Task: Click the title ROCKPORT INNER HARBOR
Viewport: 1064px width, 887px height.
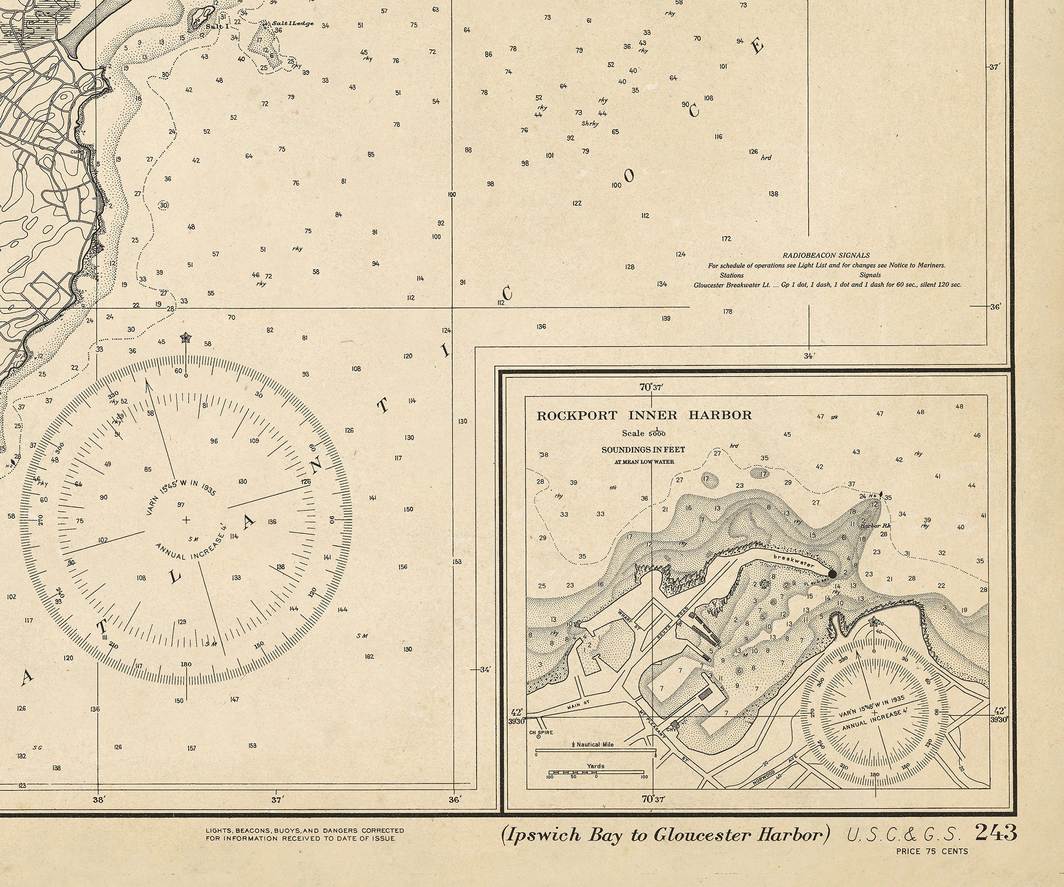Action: tap(644, 416)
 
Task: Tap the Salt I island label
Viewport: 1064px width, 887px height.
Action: tap(220, 26)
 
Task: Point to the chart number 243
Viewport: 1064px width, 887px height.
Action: tap(996, 833)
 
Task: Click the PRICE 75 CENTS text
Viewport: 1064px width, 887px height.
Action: tap(932, 852)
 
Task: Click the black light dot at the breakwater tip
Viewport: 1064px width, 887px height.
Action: tap(832, 574)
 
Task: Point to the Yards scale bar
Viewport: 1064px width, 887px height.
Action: tap(596, 773)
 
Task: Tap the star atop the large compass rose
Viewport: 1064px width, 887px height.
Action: tap(186, 337)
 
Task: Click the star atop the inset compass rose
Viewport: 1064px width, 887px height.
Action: tap(873, 622)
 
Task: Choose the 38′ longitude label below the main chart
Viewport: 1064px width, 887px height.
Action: tap(99, 800)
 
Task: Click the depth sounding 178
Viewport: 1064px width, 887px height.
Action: tap(728, 312)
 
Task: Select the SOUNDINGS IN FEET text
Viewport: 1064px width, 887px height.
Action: tap(643, 450)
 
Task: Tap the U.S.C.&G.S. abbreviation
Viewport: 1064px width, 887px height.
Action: tap(904, 834)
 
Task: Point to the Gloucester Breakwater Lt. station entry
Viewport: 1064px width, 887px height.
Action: tap(731, 285)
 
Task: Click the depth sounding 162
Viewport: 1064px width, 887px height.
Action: tap(369, 656)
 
